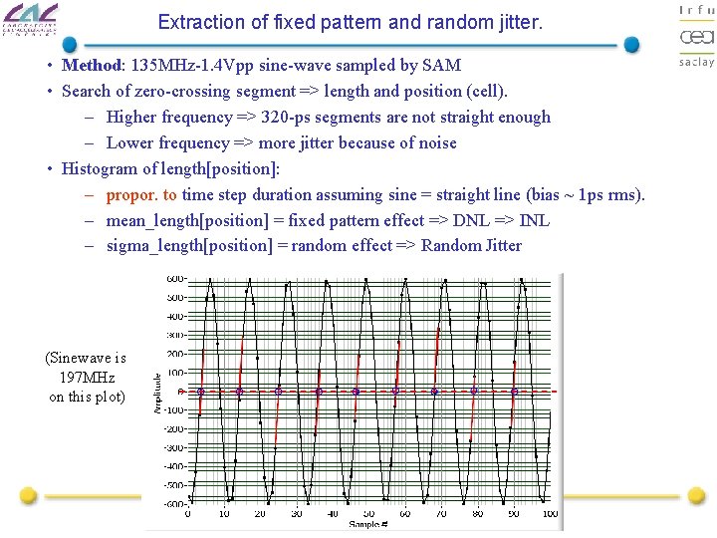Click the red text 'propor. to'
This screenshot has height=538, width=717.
point(141,194)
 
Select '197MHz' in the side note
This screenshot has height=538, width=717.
point(88,378)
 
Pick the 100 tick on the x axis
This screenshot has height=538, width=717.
point(550,513)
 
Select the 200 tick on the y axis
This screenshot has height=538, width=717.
point(175,354)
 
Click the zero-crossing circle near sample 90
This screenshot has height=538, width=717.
point(514,392)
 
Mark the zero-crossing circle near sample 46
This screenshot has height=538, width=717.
point(357,392)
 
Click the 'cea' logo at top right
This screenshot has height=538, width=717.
point(696,36)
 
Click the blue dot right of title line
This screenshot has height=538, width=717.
point(631,45)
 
